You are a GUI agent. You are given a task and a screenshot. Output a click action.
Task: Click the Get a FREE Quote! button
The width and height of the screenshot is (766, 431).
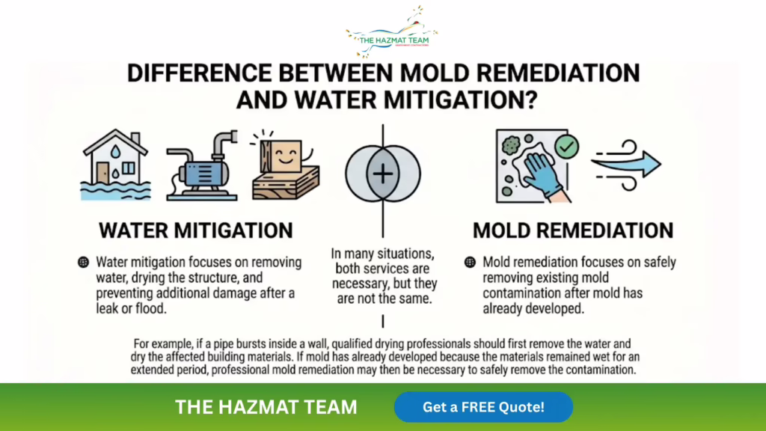(x=483, y=407)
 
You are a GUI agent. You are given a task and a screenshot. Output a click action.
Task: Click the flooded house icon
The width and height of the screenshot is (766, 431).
(x=115, y=165)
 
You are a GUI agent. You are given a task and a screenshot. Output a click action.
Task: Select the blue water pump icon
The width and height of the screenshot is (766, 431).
(x=202, y=165)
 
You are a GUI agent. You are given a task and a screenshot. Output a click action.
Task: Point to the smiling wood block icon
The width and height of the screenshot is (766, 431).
(x=286, y=165)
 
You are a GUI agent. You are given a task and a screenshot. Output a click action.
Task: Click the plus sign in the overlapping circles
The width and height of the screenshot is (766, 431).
(x=382, y=174)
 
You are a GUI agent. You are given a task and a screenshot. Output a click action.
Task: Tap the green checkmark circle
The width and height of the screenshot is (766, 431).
(x=567, y=147)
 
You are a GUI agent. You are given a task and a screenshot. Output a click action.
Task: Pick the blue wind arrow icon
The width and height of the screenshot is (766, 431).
(x=626, y=165)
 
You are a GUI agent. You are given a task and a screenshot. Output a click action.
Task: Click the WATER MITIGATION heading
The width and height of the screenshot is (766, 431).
(x=196, y=230)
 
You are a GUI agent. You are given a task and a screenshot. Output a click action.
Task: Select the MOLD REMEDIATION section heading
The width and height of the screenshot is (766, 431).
(x=573, y=230)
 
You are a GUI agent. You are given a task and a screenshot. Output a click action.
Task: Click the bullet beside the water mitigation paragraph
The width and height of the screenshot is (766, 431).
(x=84, y=263)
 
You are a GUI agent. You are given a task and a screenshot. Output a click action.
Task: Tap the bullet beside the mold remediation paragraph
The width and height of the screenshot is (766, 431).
(x=470, y=263)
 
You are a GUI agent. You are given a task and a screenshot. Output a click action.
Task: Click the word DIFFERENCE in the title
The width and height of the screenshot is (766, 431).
(x=199, y=73)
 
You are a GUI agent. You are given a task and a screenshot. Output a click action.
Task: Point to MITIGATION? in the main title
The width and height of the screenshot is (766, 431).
(x=461, y=100)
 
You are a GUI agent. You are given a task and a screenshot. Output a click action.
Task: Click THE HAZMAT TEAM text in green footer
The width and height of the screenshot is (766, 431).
(x=266, y=407)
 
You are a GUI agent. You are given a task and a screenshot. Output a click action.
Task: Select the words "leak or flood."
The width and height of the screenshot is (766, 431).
(x=131, y=309)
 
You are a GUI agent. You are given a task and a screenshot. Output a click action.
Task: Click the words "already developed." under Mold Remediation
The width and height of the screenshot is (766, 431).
(x=533, y=309)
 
